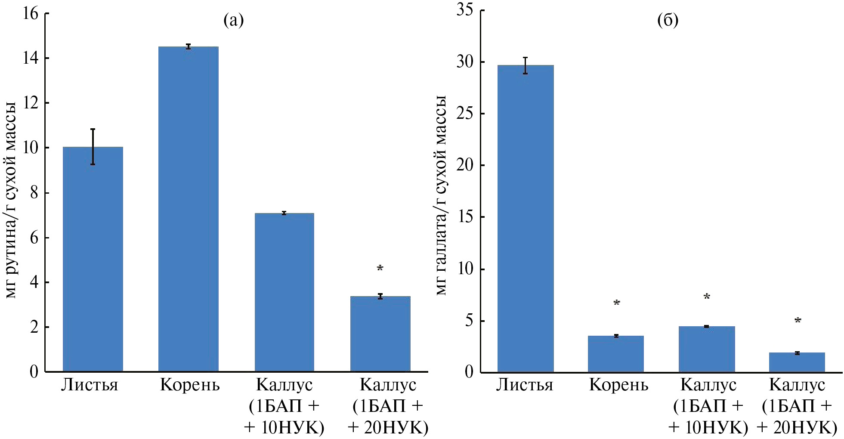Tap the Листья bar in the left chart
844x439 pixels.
tap(93, 259)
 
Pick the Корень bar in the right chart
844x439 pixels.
tap(615, 353)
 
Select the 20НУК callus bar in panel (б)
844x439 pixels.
tap(797, 362)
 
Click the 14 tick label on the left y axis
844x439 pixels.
tap(30, 58)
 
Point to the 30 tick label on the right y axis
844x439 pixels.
tap(464, 62)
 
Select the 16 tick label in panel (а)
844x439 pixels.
tap(30, 14)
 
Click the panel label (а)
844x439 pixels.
tap(233, 20)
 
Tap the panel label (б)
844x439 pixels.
tap(668, 20)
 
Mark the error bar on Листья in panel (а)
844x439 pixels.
tap(93, 146)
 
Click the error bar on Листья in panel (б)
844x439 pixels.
tap(525, 65)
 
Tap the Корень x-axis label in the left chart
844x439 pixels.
tap(189, 385)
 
